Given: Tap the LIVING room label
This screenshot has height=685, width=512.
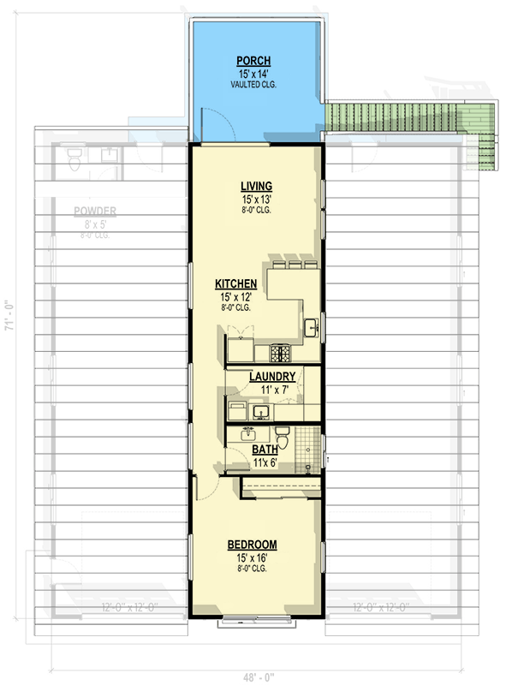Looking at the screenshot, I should coord(256,186).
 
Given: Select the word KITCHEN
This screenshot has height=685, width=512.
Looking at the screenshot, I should coord(235,283).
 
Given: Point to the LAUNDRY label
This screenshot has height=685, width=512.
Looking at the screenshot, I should coord(273,377).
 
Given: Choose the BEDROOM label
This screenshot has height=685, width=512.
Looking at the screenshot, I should coord(252,545).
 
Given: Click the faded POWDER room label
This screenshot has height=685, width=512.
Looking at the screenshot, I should coord(95,211).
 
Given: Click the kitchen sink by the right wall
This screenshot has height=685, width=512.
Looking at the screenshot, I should coord(311,327).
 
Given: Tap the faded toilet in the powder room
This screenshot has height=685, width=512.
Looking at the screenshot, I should coord(74,157).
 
